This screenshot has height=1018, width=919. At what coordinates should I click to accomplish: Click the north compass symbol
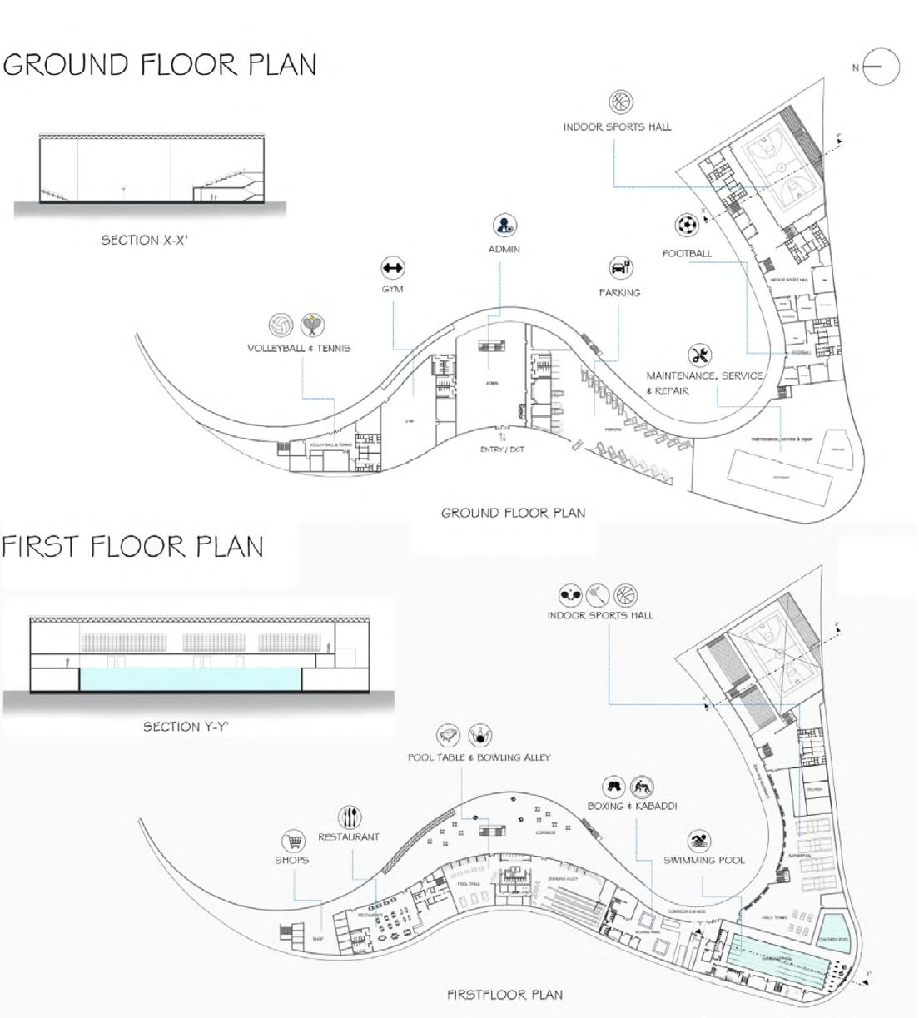point(881,67)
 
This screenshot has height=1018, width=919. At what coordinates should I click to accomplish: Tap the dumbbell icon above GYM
point(392,268)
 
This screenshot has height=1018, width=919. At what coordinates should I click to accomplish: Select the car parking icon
point(620,268)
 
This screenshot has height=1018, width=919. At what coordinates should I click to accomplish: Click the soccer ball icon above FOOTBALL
point(687,226)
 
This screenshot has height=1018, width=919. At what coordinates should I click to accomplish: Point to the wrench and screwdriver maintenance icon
point(700,355)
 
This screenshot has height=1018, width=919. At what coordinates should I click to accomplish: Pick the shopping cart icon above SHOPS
point(292,841)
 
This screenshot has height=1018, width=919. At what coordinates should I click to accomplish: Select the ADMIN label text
point(504,249)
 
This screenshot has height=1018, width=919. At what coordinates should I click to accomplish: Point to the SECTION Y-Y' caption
point(186,727)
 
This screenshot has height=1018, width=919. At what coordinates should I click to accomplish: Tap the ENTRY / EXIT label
point(502,449)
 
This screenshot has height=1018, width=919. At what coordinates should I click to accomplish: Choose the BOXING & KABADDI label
point(632,806)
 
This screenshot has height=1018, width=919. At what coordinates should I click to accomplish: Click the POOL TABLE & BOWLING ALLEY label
point(479,757)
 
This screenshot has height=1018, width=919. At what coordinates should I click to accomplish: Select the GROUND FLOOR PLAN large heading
point(160,65)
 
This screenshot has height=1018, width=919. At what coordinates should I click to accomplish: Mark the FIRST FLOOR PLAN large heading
point(133,547)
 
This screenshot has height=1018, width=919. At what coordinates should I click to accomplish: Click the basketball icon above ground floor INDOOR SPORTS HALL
point(621,102)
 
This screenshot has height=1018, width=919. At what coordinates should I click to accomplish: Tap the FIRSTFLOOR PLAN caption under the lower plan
point(504,994)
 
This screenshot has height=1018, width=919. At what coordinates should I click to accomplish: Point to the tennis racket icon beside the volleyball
point(313,325)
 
